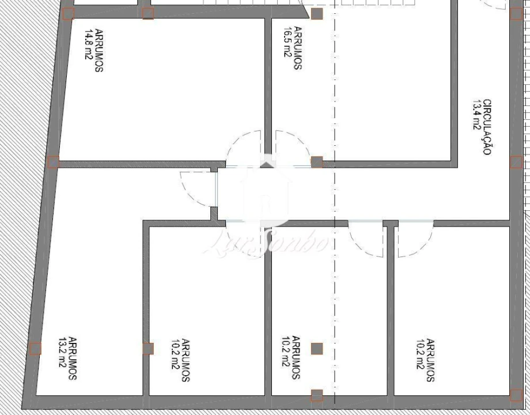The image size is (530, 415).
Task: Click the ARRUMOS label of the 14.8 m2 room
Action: pos(99,50)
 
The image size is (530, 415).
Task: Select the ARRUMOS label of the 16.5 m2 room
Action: pos(297,48)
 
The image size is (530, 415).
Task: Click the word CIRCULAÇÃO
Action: pos(487,127)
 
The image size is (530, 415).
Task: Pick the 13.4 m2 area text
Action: pos(476,115)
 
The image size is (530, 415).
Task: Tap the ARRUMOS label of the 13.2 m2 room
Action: pos(73,358)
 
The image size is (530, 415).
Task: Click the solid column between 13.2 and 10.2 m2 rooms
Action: pos(148,349)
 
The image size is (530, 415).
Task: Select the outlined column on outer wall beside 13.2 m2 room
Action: pos(35,349)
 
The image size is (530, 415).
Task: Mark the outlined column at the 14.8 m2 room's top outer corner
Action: pos(68,14)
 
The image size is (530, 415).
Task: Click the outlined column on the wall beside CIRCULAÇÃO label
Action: pos(516,162)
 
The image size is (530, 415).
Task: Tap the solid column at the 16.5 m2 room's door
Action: pos(316,162)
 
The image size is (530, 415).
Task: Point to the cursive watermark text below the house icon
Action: pos(266,242)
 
